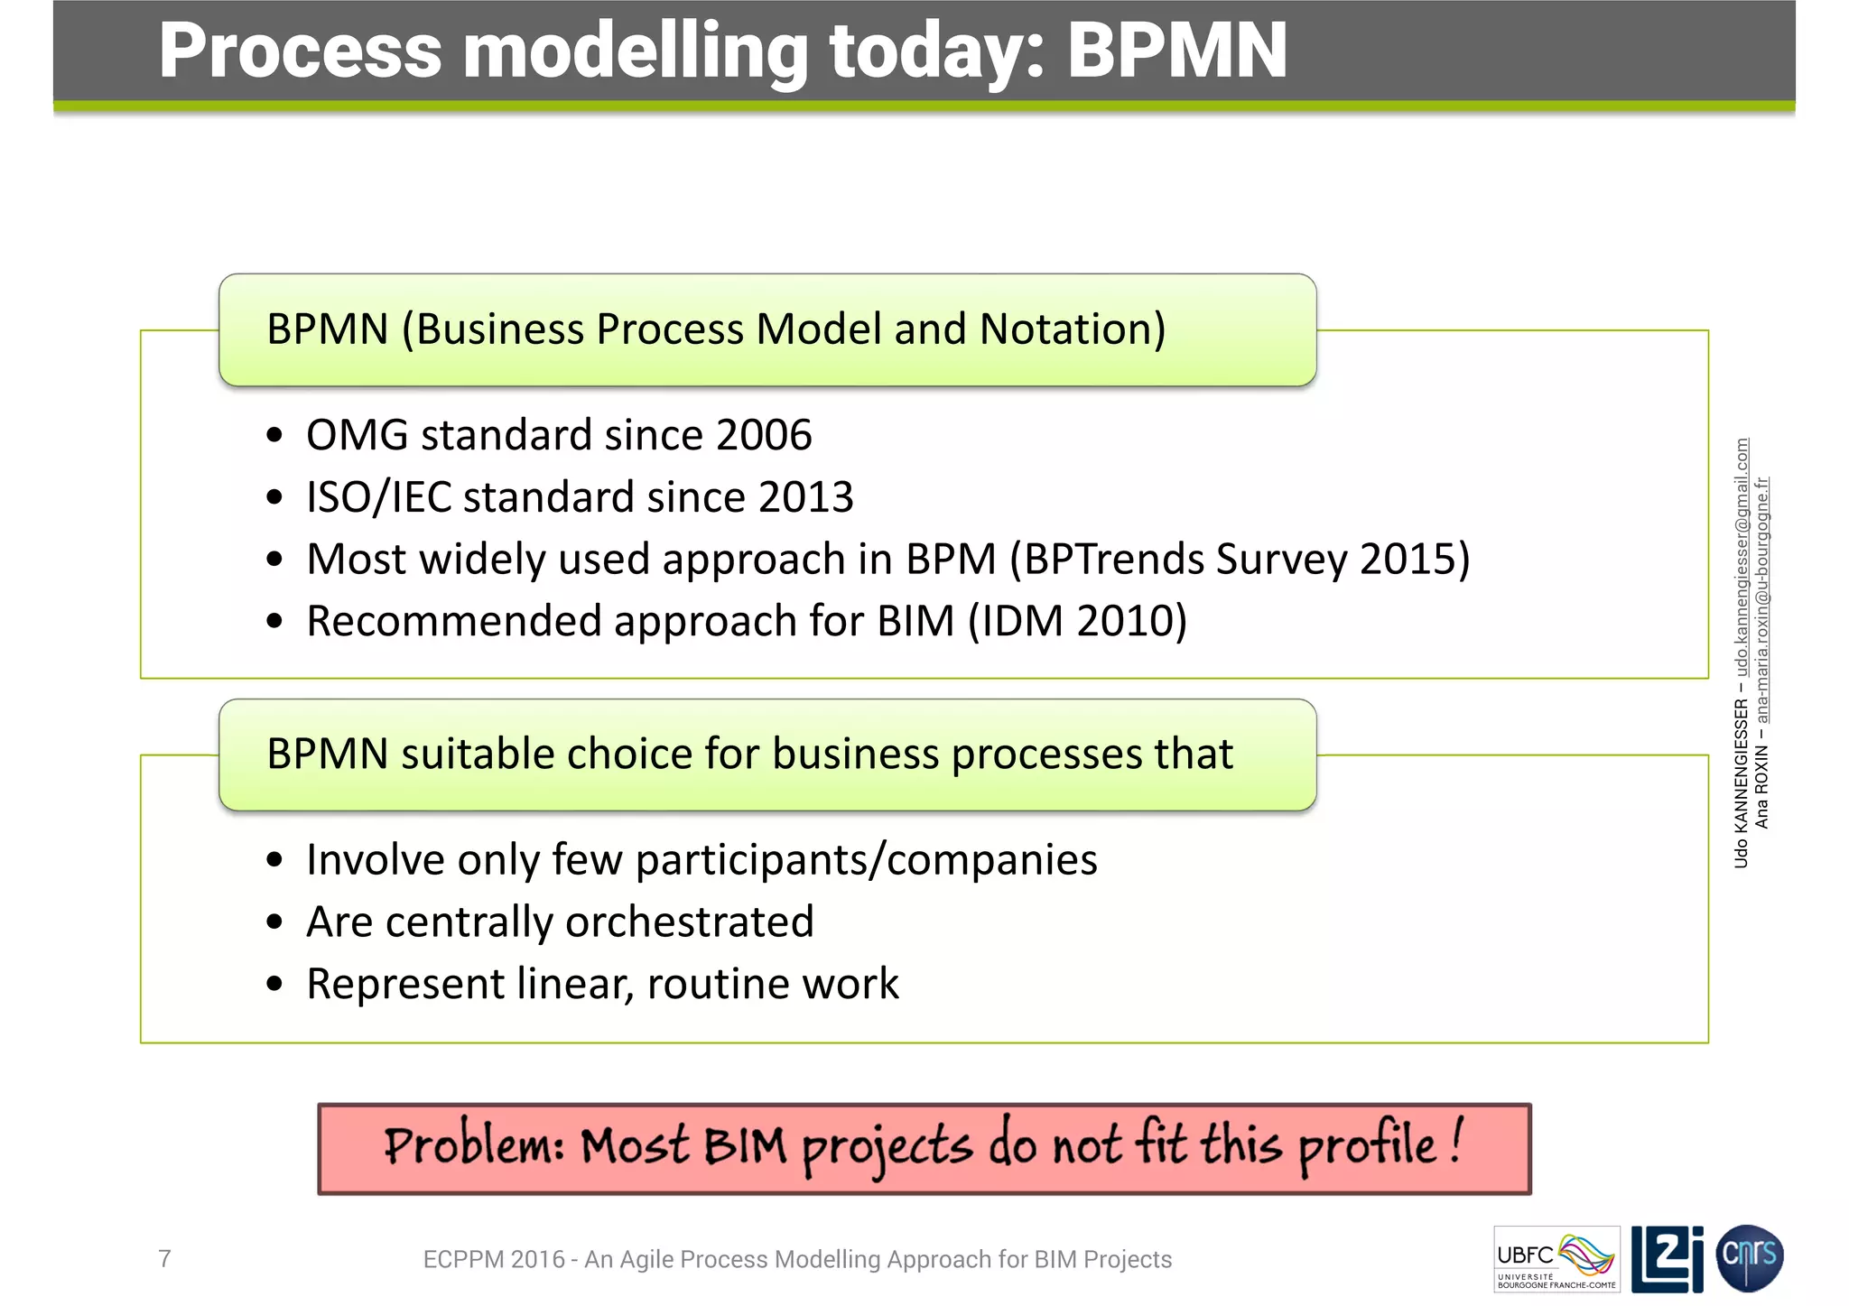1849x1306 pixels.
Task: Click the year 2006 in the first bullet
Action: click(764, 436)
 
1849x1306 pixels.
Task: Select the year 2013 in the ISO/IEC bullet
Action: click(805, 498)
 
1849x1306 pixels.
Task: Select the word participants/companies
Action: click(866, 860)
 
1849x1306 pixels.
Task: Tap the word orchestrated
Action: click(689, 922)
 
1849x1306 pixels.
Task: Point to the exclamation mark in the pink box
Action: click(1457, 1142)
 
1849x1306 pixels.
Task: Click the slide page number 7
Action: click(164, 1258)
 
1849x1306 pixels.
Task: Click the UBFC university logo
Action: click(1556, 1259)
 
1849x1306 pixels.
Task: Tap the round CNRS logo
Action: click(1749, 1257)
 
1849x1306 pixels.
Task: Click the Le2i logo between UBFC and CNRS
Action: click(1667, 1258)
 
